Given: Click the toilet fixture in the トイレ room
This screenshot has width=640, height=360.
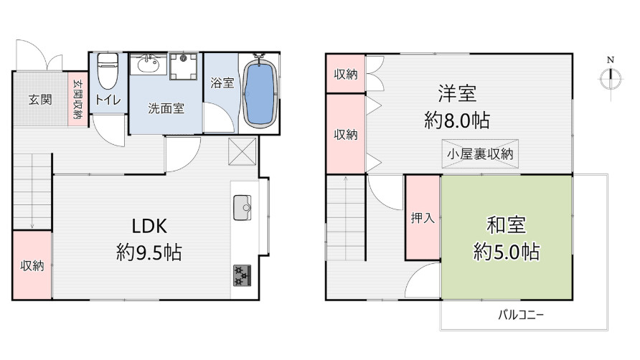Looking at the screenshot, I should pyautogui.click(x=107, y=70).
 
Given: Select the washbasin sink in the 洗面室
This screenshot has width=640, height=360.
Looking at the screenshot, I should pyautogui.click(x=148, y=67).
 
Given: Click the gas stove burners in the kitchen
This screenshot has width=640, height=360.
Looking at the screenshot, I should pyautogui.click(x=242, y=275).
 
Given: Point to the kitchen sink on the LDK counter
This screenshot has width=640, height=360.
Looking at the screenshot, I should pyautogui.click(x=242, y=208).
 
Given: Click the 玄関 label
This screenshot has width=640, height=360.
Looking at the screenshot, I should pyautogui.click(x=39, y=99).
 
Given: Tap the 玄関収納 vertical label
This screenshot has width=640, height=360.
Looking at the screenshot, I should pyautogui.click(x=77, y=100).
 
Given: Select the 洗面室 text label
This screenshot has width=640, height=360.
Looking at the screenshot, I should pyautogui.click(x=166, y=108).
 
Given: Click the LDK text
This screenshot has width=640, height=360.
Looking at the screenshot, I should pyautogui.click(x=149, y=226).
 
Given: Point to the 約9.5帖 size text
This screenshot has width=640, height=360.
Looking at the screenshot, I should pyautogui.click(x=149, y=252).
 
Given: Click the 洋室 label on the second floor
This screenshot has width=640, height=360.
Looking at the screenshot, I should pyautogui.click(x=457, y=93).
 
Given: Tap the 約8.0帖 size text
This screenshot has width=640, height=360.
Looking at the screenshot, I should pyautogui.click(x=457, y=120).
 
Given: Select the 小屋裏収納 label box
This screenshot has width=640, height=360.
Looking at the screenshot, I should pyautogui.click(x=481, y=153).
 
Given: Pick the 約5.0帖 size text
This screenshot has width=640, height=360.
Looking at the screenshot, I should pyautogui.click(x=507, y=252).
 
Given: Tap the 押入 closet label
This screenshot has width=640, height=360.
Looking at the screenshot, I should pyautogui.click(x=423, y=218).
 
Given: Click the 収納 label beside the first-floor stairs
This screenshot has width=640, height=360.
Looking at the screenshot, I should pyautogui.click(x=32, y=265).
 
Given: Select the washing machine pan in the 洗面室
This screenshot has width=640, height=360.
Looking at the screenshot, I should pyautogui.click(x=184, y=67).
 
